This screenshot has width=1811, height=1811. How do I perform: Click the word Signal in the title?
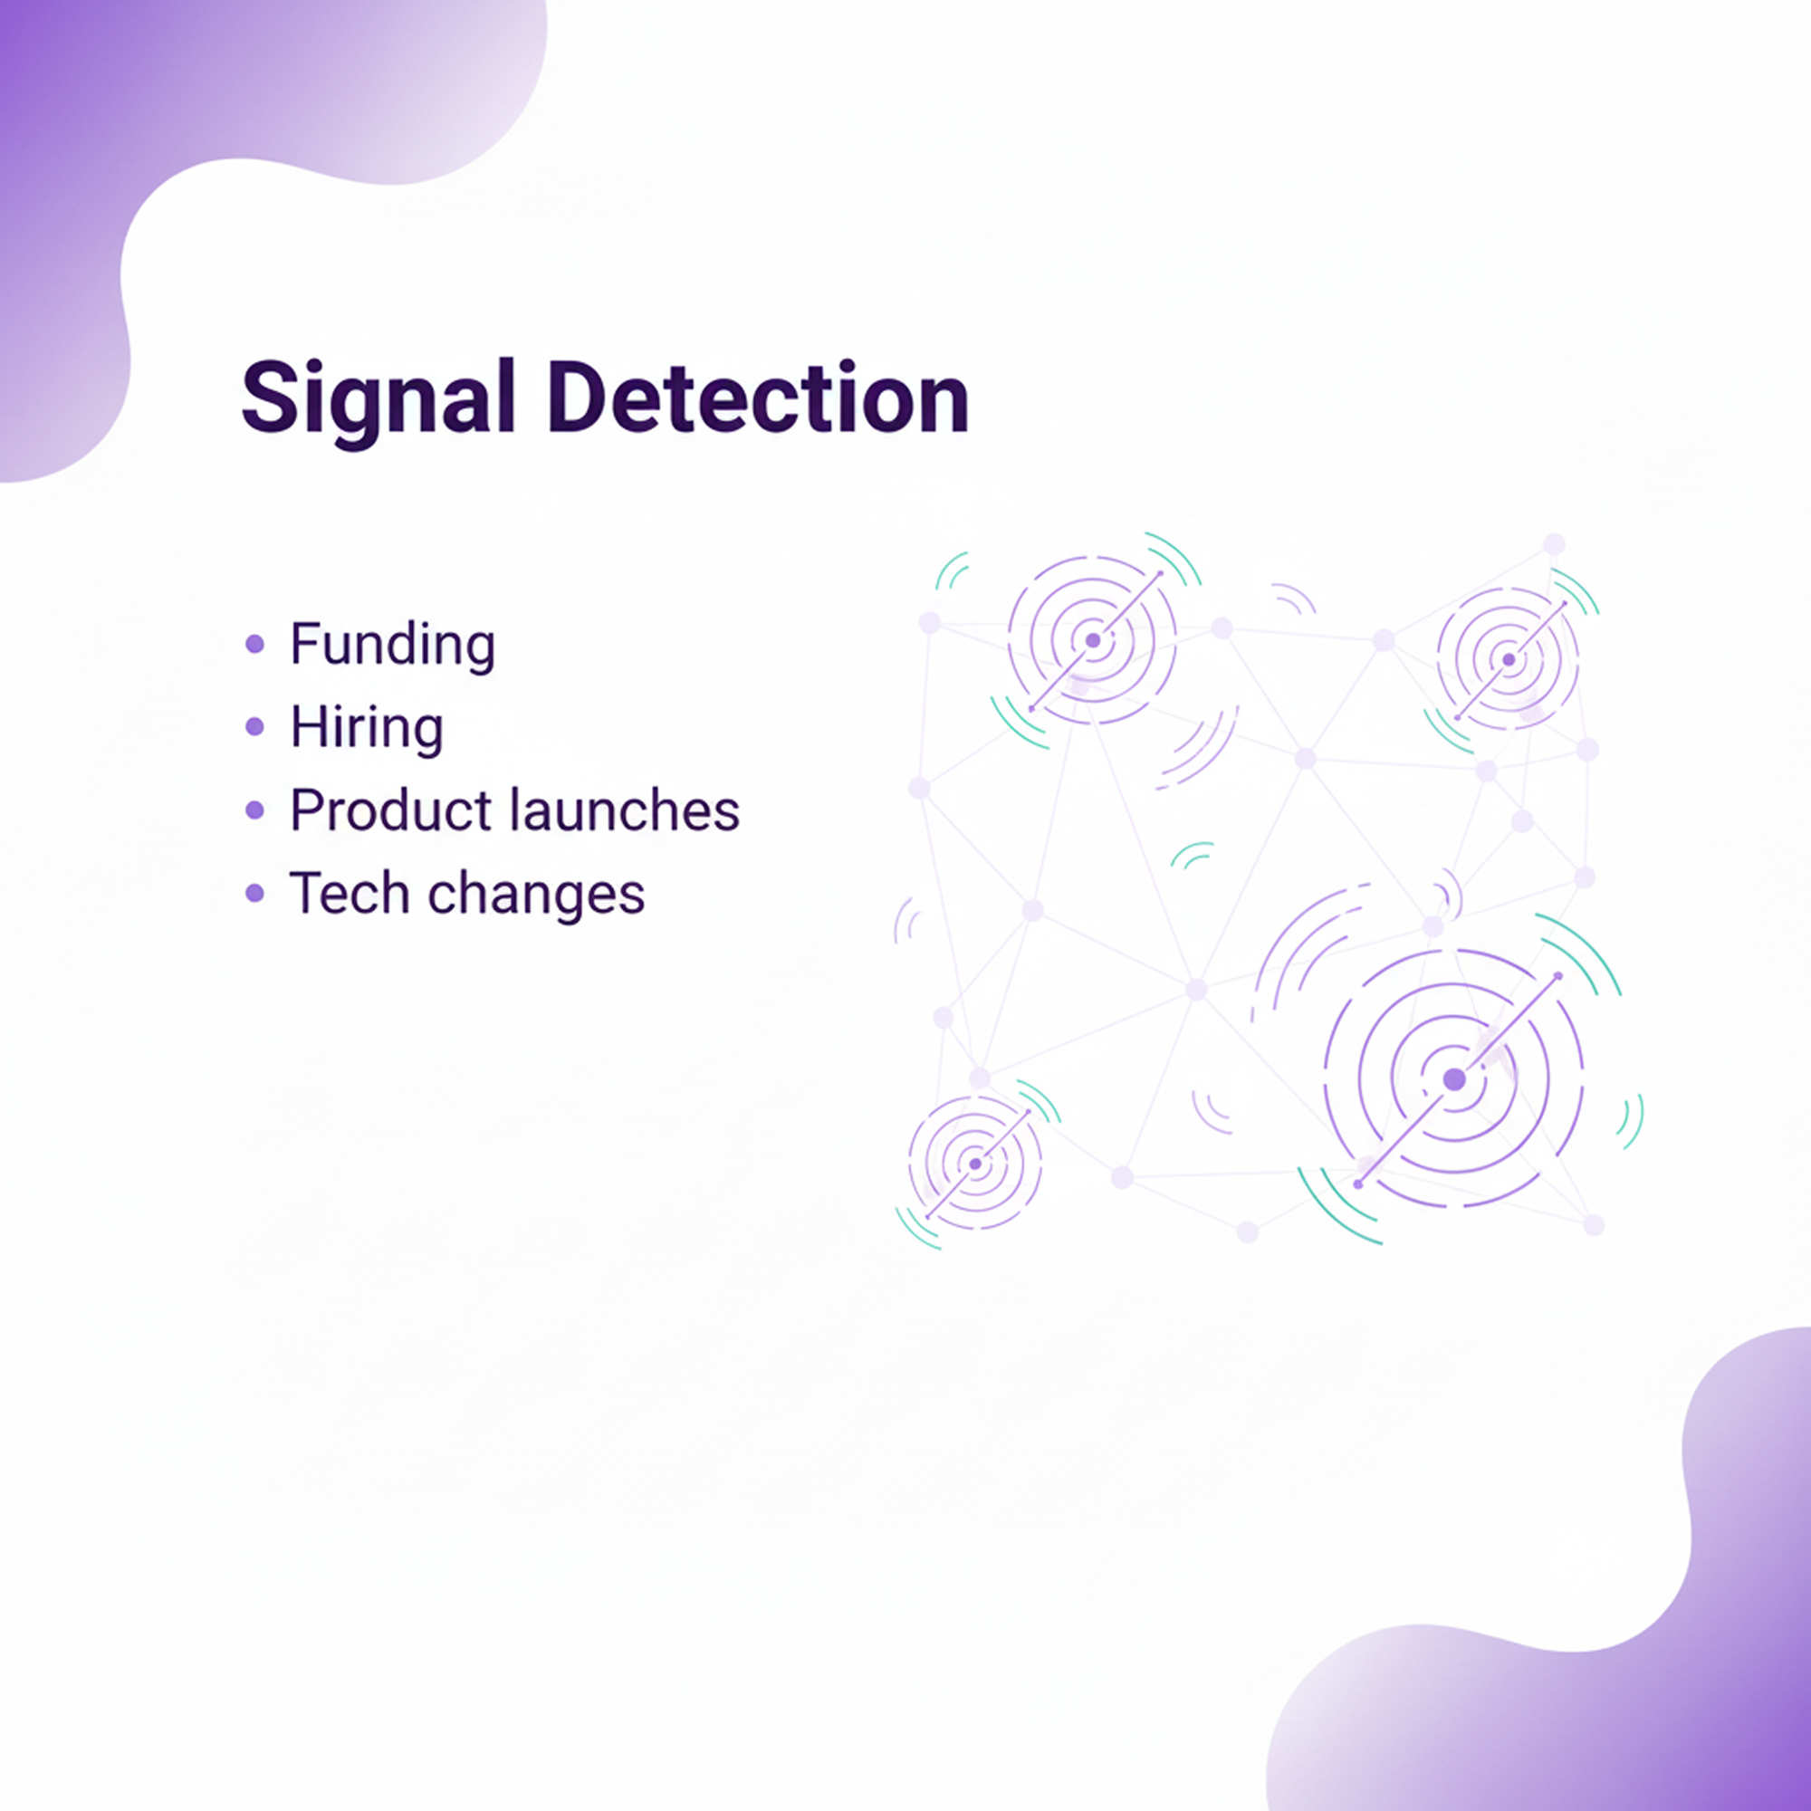click(378, 401)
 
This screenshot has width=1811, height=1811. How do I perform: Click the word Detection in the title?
click(758, 397)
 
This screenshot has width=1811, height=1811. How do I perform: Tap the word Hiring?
click(367, 728)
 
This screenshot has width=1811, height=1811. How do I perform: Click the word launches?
click(625, 809)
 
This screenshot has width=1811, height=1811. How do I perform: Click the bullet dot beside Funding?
click(255, 644)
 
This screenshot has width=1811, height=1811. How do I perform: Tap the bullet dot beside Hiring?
click(255, 726)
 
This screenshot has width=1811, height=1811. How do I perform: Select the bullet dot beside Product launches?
click(255, 810)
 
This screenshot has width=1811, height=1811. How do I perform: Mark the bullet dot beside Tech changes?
click(255, 893)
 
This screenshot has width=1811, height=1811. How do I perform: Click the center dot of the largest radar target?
click(1454, 1080)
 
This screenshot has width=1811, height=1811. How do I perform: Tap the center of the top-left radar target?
click(1092, 641)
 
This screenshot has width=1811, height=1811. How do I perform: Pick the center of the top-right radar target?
click(1509, 660)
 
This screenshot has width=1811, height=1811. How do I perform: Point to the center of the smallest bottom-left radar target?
click(976, 1164)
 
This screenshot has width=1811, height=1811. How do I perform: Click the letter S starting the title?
click(269, 398)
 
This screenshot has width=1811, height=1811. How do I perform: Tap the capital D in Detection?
click(579, 397)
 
